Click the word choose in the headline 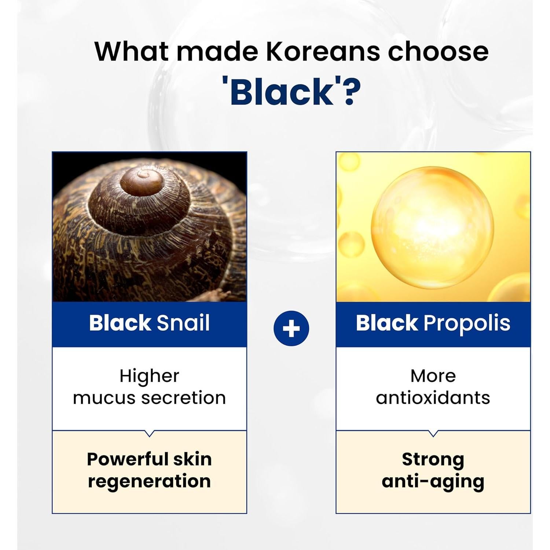438,51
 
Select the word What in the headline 132,51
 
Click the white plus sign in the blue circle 291,329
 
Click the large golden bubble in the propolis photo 433,227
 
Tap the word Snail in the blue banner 183,323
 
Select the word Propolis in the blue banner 467,324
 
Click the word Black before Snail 120,323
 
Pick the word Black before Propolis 387,323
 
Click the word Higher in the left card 149,377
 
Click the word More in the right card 433,376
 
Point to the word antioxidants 433,398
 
